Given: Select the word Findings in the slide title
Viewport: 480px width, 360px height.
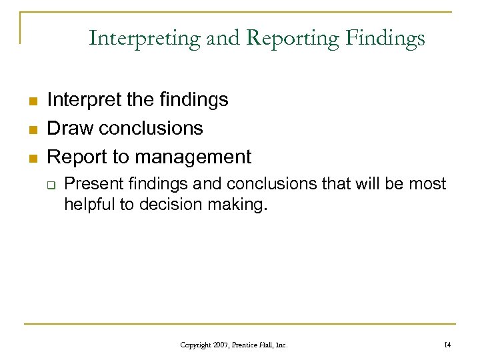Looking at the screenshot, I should pyautogui.click(x=385, y=39).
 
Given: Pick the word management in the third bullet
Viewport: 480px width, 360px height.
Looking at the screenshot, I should pyautogui.click(x=193, y=157).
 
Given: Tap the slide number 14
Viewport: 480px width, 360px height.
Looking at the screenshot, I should pyautogui.click(x=447, y=345).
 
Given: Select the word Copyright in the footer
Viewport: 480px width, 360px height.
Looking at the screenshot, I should pyautogui.click(x=195, y=345).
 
